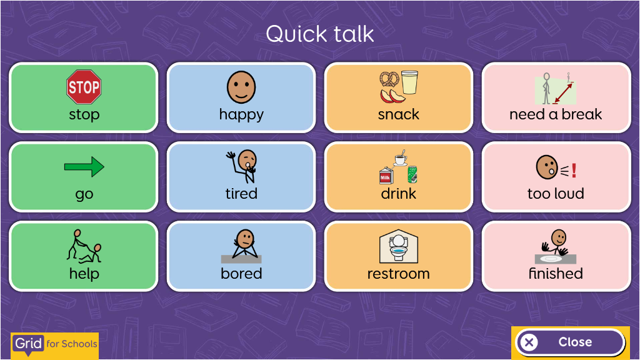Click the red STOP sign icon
pyautogui.click(x=84, y=86)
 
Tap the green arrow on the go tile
pyautogui.click(x=84, y=166)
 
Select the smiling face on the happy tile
pyautogui.click(x=241, y=87)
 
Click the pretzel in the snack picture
pyautogui.click(x=389, y=79)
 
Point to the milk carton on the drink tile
pyautogui.click(x=386, y=176)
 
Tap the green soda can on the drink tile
pyautogui.click(x=412, y=174)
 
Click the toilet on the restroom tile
pyautogui.click(x=398, y=247)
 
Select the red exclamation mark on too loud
pyautogui.click(x=574, y=170)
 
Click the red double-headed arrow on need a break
pyautogui.click(x=563, y=93)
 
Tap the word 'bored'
pyautogui.click(x=241, y=274)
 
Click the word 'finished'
pyautogui.click(x=556, y=274)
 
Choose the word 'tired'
pyautogui.click(x=241, y=194)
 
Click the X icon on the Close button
pyautogui.click(x=529, y=342)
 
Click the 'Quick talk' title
pyautogui.click(x=320, y=34)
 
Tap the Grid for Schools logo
pyautogui.click(x=55, y=345)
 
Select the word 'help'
pyautogui.click(x=84, y=274)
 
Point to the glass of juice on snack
pyautogui.click(x=409, y=82)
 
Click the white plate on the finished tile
pyautogui.click(x=551, y=259)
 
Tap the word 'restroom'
pyautogui.click(x=398, y=274)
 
